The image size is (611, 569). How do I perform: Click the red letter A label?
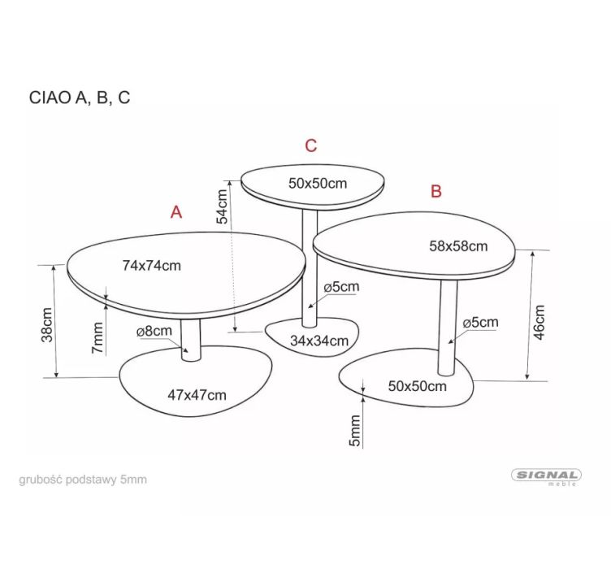(176, 212)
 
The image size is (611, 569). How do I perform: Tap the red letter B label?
(436, 191)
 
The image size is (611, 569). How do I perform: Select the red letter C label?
(310, 146)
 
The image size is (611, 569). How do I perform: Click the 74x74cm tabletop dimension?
(152, 266)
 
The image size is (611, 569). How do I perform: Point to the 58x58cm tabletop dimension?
(458, 246)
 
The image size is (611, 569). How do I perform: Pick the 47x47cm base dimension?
(197, 395)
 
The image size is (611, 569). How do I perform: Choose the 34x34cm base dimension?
(319, 341)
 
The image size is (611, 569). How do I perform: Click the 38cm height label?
(47, 325)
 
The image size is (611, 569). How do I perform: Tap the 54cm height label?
(222, 206)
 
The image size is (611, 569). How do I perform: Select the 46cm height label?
(539, 323)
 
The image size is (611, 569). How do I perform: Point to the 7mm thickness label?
(97, 338)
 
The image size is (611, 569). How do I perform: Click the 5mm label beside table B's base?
(354, 431)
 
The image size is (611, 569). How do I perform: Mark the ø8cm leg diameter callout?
(154, 332)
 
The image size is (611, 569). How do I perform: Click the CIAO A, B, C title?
(80, 98)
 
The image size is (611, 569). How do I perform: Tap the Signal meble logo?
(546, 476)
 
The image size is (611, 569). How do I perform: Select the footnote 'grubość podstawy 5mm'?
(83, 480)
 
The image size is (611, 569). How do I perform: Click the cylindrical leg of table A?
(191, 339)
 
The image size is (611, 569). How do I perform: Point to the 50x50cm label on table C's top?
(318, 183)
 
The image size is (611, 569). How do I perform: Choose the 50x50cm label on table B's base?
(418, 386)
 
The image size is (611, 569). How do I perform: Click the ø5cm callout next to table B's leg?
(480, 323)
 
